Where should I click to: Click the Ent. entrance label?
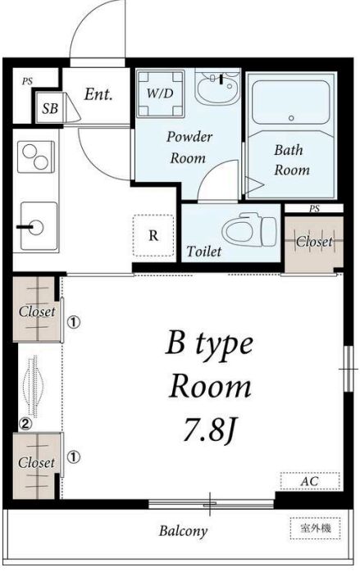pyautogui.click(x=98, y=94)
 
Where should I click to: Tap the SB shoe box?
pyautogui.click(x=50, y=108)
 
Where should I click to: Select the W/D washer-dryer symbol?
pyautogui.click(x=160, y=93)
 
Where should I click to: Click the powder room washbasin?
pyautogui.click(x=217, y=88)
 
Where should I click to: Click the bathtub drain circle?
pyautogui.click(x=291, y=118)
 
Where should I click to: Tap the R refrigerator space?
pyautogui.click(x=153, y=235)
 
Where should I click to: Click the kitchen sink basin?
pyautogui.click(x=39, y=226)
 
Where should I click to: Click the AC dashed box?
pyautogui.click(x=310, y=481)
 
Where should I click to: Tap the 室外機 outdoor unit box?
pyautogui.click(x=316, y=528)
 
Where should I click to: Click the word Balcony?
pyautogui.click(x=184, y=531)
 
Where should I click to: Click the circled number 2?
pyautogui.click(x=25, y=424)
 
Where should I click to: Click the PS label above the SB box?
pyautogui.click(x=27, y=81)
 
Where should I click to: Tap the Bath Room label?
pyautogui.click(x=292, y=160)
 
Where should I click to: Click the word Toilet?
pyautogui.click(x=203, y=251)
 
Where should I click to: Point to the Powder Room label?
pyautogui.click(x=189, y=148)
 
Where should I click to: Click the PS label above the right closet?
pyautogui.click(x=314, y=209)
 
